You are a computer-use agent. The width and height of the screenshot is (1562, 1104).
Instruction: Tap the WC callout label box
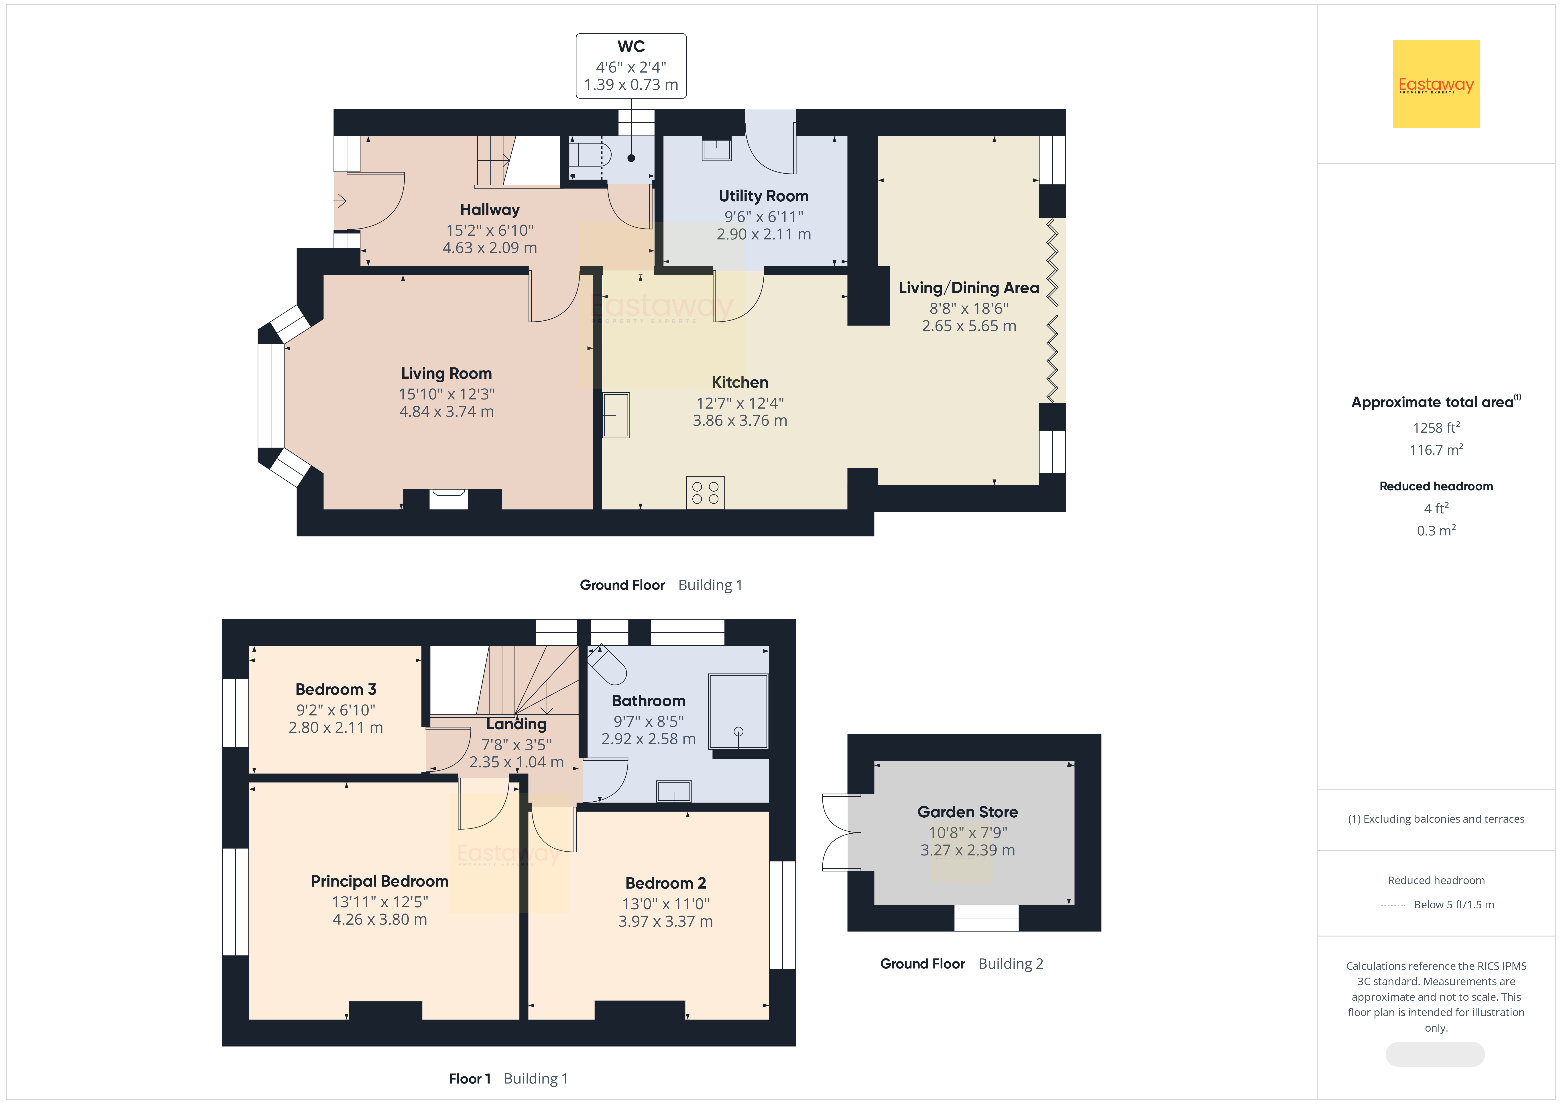pos(631,66)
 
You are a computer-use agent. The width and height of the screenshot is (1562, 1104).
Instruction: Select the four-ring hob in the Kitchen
pos(705,492)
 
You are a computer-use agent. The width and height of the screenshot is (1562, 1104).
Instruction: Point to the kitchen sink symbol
pos(616,415)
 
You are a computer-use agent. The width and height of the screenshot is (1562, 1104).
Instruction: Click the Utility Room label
pos(763,196)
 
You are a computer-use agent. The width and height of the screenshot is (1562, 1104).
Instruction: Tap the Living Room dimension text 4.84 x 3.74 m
pos(446,411)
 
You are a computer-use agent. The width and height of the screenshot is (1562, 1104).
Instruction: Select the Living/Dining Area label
pos(969,288)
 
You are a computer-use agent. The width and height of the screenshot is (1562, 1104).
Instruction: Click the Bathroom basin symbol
pos(673,791)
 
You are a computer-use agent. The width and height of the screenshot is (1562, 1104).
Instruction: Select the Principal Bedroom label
pos(380,881)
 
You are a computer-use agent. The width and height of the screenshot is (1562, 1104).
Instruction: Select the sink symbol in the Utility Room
pos(716,150)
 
